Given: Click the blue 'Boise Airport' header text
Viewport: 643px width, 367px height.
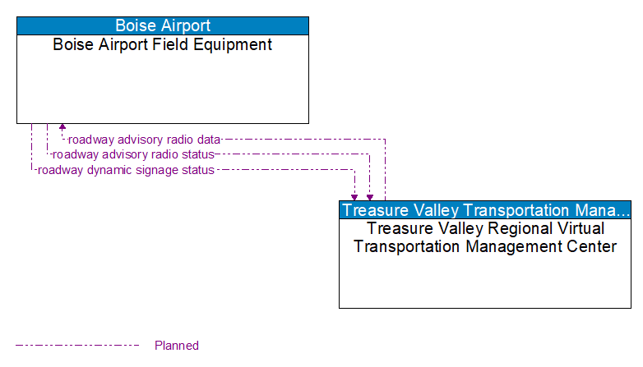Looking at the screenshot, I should click(162, 25).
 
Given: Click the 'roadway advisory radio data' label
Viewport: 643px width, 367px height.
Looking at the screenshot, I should click(144, 140).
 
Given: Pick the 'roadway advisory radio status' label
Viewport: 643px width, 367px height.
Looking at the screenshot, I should click(133, 154).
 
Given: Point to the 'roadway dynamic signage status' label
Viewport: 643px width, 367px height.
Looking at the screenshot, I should click(126, 170).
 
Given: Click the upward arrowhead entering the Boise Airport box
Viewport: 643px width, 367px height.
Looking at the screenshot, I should click(62, 128).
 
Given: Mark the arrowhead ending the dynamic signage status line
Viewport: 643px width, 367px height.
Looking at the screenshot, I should click(354, 197).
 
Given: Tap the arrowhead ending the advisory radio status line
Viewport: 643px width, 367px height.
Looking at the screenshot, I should click(370, 197).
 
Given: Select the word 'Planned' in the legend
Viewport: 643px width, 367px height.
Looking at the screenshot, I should click(177, 346).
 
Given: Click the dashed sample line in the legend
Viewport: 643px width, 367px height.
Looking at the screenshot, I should click(78, 346).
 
